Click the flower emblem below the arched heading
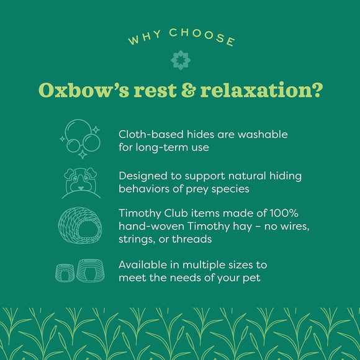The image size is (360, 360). [x=179, y=60]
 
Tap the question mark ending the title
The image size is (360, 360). [x=317, y=91]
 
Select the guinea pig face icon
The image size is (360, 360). [x=81, y=181]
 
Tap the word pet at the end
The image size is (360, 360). [x=251, y=277]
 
